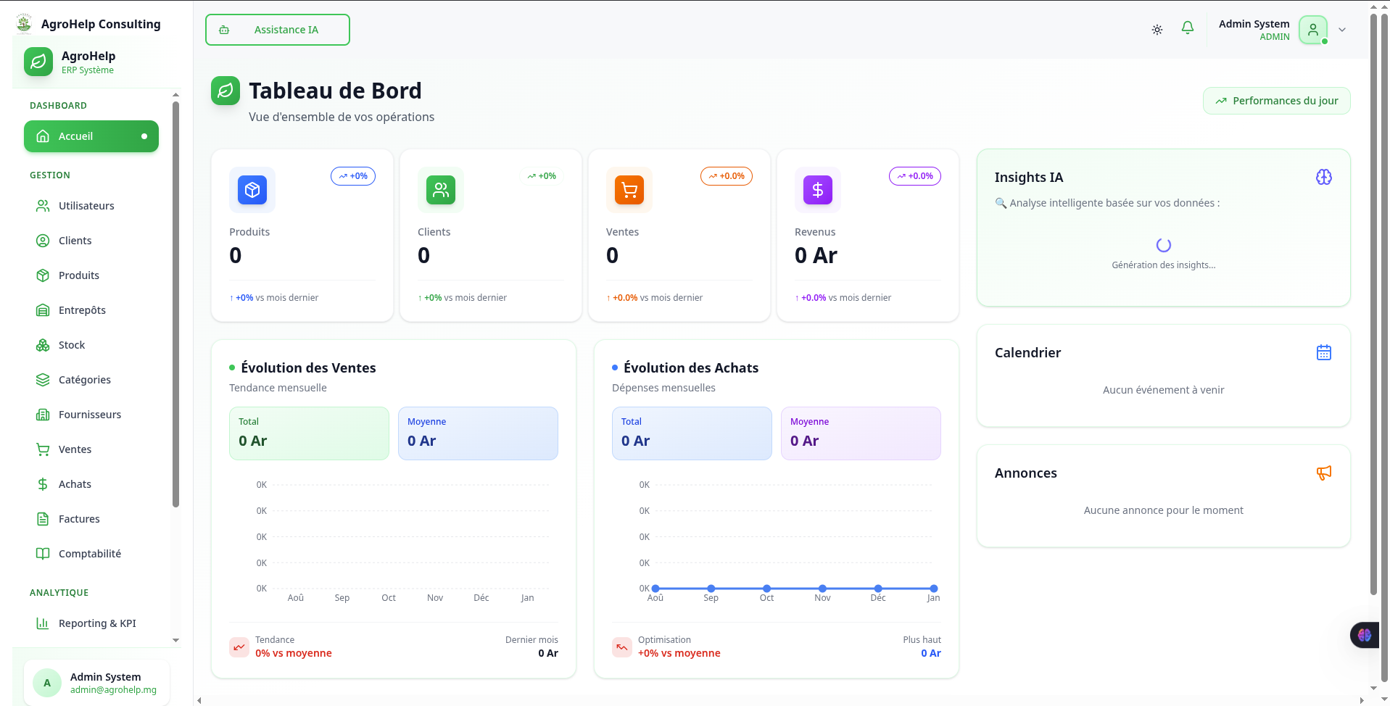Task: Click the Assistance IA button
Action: click(x=277, y=30)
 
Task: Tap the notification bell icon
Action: click(x=1187, y=28)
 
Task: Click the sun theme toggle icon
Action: click(x=1157, y=30)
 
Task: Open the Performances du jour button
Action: click(x=1276, y=101)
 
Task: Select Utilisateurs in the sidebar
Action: click(x=86, y=206)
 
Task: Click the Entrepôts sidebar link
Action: click(x=81, y=310)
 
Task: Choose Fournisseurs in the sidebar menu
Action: click(x=89, y=415)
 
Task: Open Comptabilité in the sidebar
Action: click(x=89, y=554)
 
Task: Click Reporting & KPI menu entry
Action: click(x=96, y=623)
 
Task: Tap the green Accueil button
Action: click(x=91, y=136)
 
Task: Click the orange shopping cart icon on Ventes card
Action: click(x=629, y=190)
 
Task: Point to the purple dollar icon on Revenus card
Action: click(x=817, y=190)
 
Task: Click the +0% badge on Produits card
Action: click(x=353, y=176)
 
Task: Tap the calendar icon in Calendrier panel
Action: click(x=1323, y=352)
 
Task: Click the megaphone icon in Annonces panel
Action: click(x=1323, y=473)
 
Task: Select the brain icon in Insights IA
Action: click(x=1323, y=177)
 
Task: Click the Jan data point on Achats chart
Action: click(x=933, y=589)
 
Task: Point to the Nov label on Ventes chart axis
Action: click(x=434, y=598)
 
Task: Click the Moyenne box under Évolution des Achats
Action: click(x=860, y=433)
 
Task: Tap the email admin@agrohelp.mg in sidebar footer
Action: click(x=113, y=690)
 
